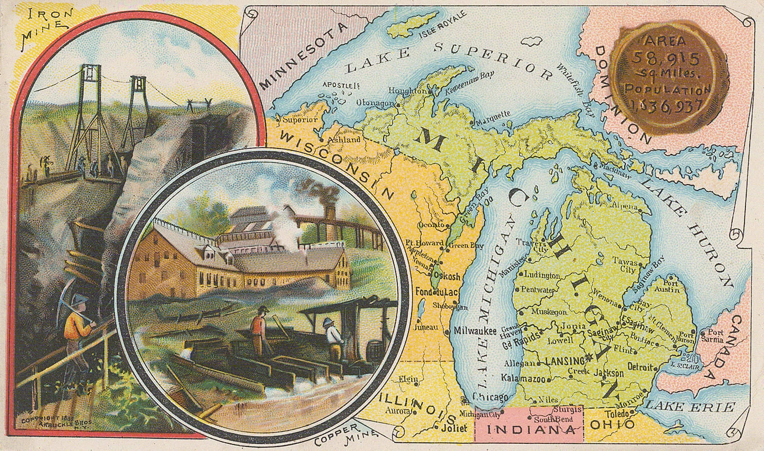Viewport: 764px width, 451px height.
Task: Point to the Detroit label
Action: click(x=640, y=368)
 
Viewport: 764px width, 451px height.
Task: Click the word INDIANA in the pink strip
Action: click(x=528, y=429)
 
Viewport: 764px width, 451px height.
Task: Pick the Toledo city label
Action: click(x=617, y=413)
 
